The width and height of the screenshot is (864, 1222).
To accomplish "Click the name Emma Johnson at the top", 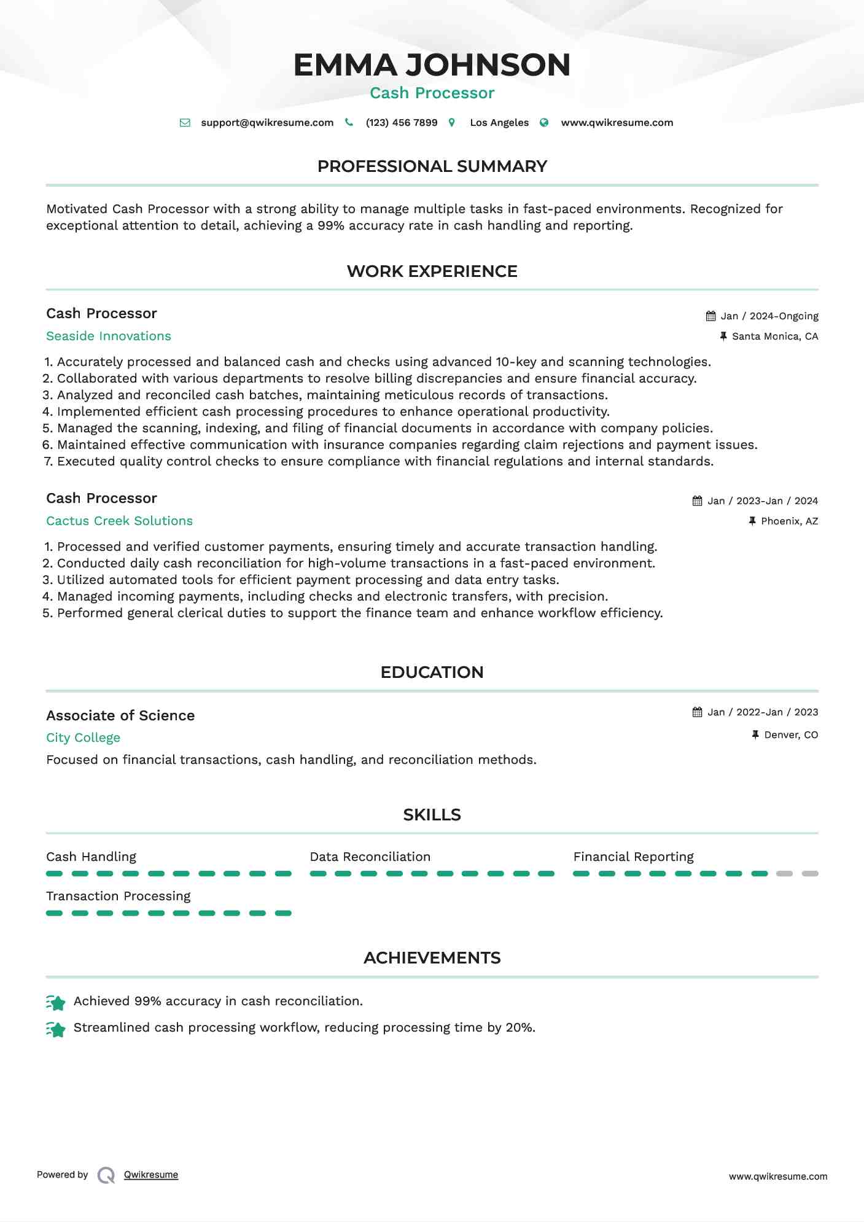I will click(x=432, y=65).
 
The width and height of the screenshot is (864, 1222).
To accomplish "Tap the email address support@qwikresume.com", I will click(x=267, y=123).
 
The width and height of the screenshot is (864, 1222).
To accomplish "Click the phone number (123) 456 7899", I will click(x=402, y=123).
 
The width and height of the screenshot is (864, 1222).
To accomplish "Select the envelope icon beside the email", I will click(x=185, y=123).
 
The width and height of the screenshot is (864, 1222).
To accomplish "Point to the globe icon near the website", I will click(x=544, y=123).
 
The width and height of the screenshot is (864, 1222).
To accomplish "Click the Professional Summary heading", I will click(x=432, y=166).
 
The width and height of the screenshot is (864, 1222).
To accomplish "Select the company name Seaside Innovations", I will click(x=109, y=336).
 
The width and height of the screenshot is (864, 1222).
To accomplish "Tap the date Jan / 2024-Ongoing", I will click(x=769, y=316).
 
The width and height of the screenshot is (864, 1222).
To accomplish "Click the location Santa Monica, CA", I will click(x=775, y=337).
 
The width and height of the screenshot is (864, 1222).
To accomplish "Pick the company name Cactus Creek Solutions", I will click(x=119, y=521).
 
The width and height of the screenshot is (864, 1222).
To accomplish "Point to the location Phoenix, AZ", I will click(x=789, y=521).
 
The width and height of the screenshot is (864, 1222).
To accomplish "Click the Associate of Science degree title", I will click(x=120, y=715).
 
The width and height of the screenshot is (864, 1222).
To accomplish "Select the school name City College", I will click(x=83, y=737).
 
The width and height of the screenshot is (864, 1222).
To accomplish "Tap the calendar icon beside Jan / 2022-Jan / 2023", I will click(x=697, y=712).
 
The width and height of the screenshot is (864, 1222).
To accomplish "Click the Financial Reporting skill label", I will click(x=633, y=857).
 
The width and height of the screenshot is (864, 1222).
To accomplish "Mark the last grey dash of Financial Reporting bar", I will click(x=810, y=873).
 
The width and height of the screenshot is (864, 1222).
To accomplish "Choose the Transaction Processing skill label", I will click(x=119, y=896).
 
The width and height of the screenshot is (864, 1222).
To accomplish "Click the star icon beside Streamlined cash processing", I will click(x=56, y=1029).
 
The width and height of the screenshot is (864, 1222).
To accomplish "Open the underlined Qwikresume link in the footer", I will click(x=151, y=1175).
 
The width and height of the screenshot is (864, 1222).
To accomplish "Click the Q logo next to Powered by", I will click(x=106, y=1175).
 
